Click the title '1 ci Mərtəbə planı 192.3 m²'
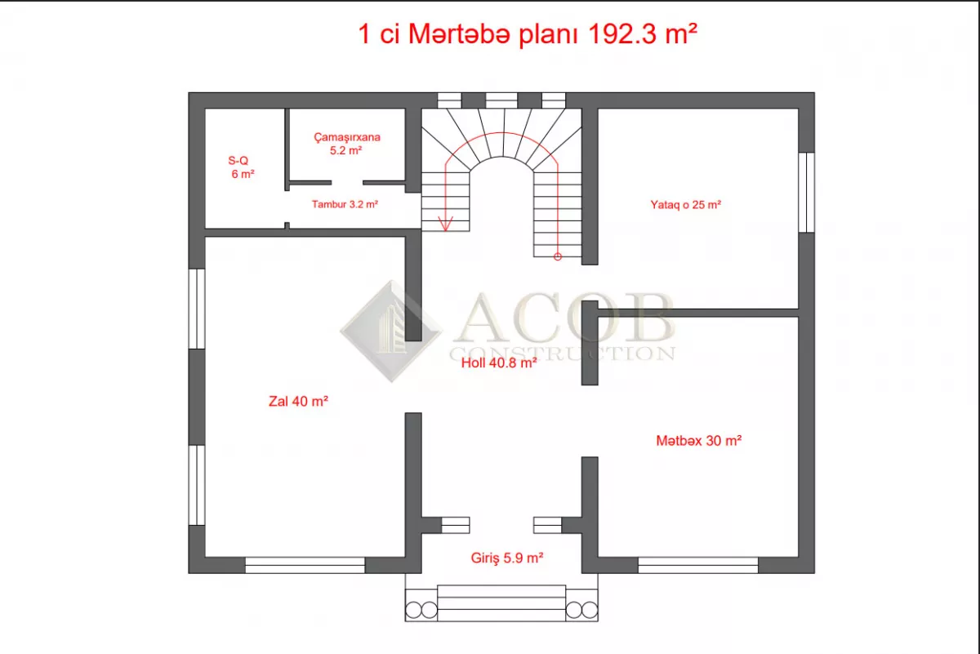(x=528, y=34)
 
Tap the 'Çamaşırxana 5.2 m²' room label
(x=346, y=144)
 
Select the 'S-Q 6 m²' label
(x=241, y=167)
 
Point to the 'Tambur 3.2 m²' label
(x=345, y=204)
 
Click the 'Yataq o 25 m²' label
(x=685, y=205)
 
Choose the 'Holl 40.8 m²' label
(x=499, y=363)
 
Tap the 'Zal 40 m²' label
(x=298, y=401)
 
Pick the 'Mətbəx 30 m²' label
(x=699, y=441)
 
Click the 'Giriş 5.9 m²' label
(x=507, y=558)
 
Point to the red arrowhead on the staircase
(x=445, y=224)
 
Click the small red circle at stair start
(x=557, y=257)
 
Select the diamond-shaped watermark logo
(x=391, y=331)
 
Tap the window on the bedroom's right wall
(x=806, y=193)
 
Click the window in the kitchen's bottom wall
(x=697, y=565)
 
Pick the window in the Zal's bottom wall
(x=305, y=565)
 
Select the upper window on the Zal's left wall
(x=197, y=309)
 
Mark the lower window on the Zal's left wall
(x=197, y=485)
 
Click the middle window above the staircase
(x=501, y=100)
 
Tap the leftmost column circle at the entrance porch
(x=413, y=610)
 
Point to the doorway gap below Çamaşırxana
(x=347, y=182)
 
